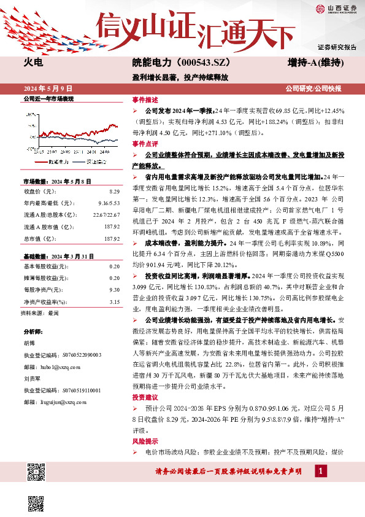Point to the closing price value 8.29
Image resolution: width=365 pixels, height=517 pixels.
click(114, 192)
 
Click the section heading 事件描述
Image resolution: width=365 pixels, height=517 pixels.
click(145, 100)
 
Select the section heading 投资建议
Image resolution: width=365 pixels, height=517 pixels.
click(145, 398)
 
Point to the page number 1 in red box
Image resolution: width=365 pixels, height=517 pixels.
click(320, 470)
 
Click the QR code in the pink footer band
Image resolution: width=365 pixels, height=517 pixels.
click(36, 472)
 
